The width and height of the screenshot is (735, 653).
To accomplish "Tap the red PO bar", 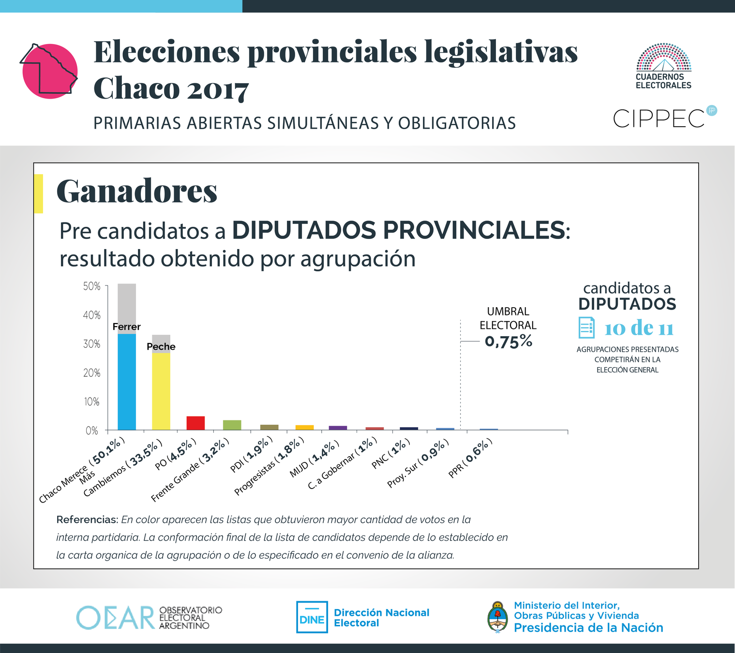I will point(195,423).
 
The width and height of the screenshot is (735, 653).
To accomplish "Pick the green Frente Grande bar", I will point(232,425).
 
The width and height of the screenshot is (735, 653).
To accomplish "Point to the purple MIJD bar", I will point(338,428).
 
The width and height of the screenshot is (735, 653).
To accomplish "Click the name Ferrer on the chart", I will point(126,327).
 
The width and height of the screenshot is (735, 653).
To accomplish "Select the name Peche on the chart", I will point(161,347).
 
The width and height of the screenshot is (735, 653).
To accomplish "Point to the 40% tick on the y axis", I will point(92,315).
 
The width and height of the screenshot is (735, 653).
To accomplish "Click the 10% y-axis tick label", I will point(92,402).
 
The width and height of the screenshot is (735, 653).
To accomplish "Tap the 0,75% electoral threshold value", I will point(509,341).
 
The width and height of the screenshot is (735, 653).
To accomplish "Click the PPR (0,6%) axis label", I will point(470,458).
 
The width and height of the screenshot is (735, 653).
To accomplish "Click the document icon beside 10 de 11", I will point(586,328).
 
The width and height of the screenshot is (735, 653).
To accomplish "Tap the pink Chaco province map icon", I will point(50,71).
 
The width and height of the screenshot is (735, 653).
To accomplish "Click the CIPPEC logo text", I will point(659,119).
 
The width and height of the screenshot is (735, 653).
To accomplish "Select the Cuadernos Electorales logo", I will point(663,66).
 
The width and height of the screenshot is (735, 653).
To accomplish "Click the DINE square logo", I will point(312,617).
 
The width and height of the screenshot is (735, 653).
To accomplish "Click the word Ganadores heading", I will point(137,191).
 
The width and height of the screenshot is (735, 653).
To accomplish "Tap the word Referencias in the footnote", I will point(87,520).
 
